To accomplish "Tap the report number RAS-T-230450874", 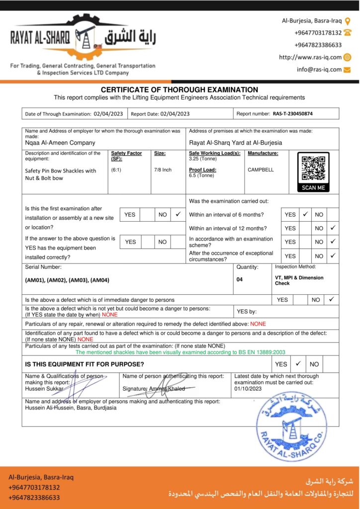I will pyautogui.click(x=292, y=114).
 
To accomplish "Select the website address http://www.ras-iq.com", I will pyautogui.click(x=310, y=57).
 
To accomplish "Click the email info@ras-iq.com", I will pyautogui.click(x=319, y=70).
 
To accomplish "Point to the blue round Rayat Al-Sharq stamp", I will pyautogui.click(x=291, y=425).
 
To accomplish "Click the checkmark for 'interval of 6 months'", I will pyautogui.click(x=306, y=215).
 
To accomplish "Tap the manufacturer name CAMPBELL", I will pyautogui.click(x=261, y=170).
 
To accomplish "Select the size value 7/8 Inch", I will pyautogui.click(x=163, y=170).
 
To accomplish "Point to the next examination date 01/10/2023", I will pyautogui.click(x=247, y=389).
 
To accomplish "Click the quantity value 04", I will pyautogui.click(x=240, y=279).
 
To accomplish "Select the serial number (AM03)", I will pyautogui.click(x=79, y=280).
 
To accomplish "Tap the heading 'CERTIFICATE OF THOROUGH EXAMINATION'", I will pyautogui.click(x=180, y=90).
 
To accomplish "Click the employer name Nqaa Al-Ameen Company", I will pyautogui.click(x=60, y=143).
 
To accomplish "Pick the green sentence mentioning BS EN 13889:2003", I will pyautogui.click(x=180, y=352).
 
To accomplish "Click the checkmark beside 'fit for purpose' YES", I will pyautogui.click(x=298, y=364).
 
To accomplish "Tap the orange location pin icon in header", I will pyautogui.click(x=348, y=21).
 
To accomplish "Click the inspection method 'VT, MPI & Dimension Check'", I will pyautogui.click(x=299, y=280).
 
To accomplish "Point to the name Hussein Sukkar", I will pyautogui.click(x=44, y=389).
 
